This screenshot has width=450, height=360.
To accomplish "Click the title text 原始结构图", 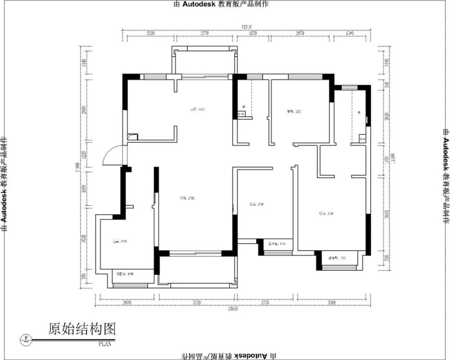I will tap(82, 329).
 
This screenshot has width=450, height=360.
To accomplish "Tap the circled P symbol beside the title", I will tap(26, 338).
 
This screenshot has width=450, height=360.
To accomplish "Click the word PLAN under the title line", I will tap(105, 344).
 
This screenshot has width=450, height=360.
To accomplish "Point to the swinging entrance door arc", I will tap(111, 155).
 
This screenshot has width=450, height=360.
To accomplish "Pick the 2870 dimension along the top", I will tap(300, 33).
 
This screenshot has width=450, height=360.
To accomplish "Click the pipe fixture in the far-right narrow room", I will tap(362, 137).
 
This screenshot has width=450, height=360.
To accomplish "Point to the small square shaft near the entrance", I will tap(132, 136).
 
